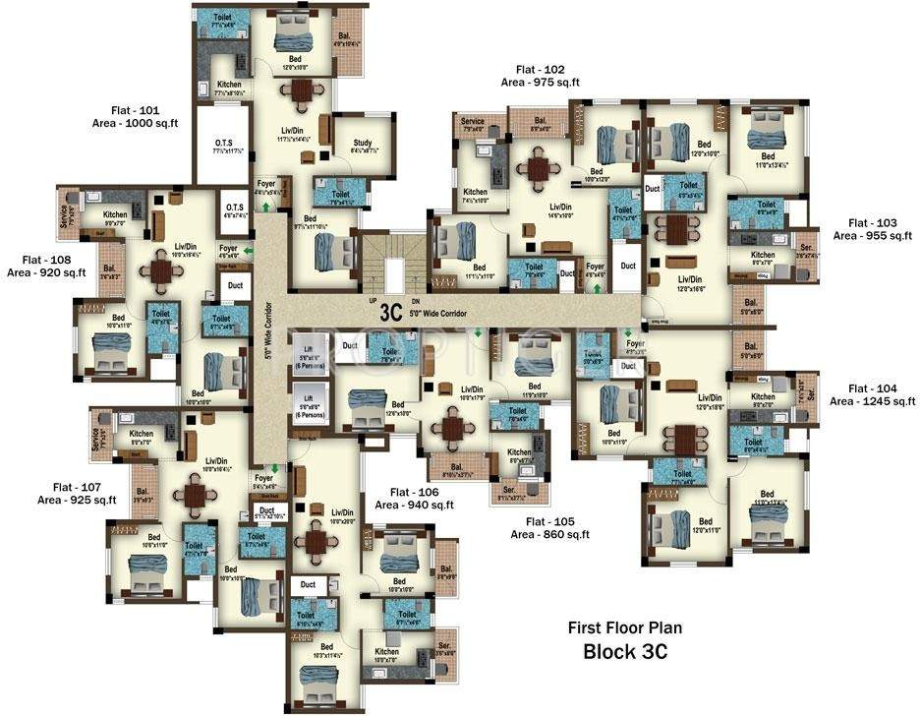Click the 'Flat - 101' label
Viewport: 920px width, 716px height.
pos(143,109)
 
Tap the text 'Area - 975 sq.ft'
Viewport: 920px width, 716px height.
pos(540,83)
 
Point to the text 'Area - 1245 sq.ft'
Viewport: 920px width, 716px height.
pos(872,401)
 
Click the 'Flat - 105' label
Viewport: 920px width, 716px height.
pos(550,521)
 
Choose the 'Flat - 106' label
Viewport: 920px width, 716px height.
pos(414,491)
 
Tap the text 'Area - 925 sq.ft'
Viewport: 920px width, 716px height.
pos(77,500)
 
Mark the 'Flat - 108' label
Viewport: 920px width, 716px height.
pos(47,260)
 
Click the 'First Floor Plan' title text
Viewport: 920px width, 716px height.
pos(624,627)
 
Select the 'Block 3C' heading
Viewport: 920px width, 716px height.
pos(625,651)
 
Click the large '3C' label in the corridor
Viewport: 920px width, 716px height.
pos(392,312)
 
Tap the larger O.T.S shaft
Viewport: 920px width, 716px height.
pos(223,146)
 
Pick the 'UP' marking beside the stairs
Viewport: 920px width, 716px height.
pos(372,300)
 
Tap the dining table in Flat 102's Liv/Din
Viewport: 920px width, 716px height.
pos(538,169)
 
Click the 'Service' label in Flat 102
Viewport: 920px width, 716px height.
pos(472,121)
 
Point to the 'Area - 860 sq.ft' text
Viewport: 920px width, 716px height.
pos(549,535)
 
